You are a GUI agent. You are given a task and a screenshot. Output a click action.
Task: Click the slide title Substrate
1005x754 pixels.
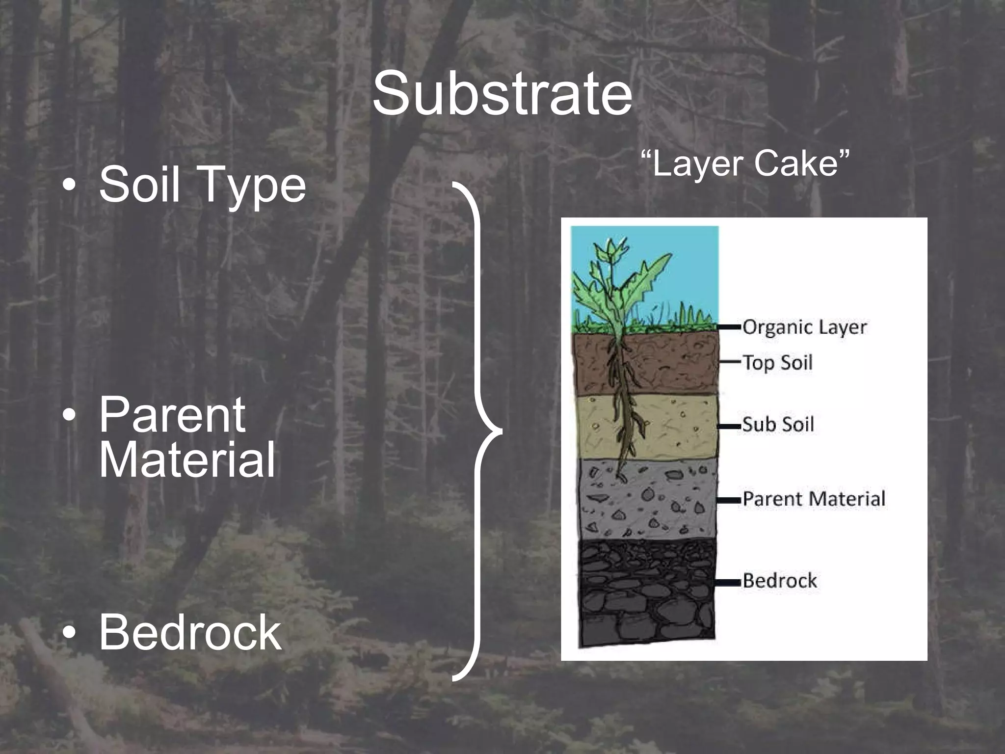point(502,93)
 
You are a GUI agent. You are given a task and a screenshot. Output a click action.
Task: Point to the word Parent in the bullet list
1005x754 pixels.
point(172,415)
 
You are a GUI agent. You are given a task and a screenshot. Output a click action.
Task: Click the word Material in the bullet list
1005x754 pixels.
point(187,459)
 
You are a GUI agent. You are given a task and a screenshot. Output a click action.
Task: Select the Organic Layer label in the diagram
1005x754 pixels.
point(804,327)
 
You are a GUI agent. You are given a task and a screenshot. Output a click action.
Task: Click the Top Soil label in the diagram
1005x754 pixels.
point(777,363)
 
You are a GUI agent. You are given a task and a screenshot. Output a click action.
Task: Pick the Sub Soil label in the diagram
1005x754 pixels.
point(778,424)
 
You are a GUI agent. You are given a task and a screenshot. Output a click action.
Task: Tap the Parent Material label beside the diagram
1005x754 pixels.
point(814,499)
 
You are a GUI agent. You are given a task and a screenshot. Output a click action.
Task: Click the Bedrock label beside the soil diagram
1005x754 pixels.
point(780,581)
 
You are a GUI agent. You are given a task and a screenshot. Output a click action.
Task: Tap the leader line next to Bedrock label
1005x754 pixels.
point(728,582)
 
